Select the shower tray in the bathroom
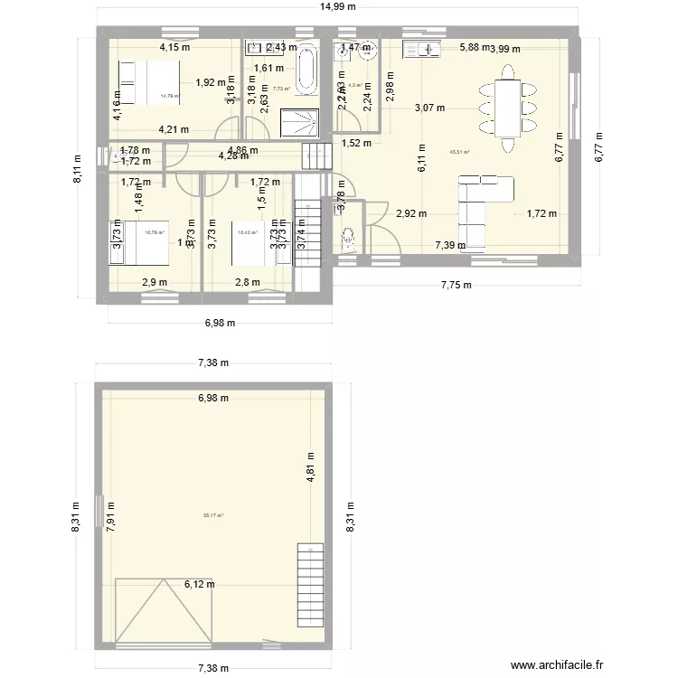tap(299, 119)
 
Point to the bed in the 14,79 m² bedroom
tap(149, 80)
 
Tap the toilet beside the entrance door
tap(349, 239)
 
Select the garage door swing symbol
tap(163, 610)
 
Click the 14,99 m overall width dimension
tap(336, 7)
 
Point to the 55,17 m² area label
tap(213, 515)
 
